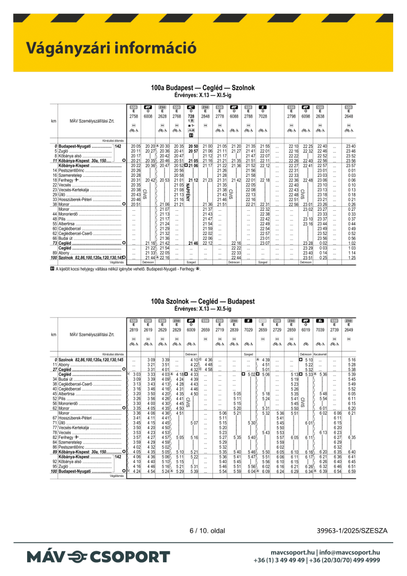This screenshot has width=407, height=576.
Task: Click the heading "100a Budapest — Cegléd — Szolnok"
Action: (x=203, y=88)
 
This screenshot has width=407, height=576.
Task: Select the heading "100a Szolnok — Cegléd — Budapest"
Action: (x=203, y=301)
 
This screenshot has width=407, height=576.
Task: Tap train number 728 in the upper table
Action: (x=191, y=116)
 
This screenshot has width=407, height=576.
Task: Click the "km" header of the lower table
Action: (x=54, y=335)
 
